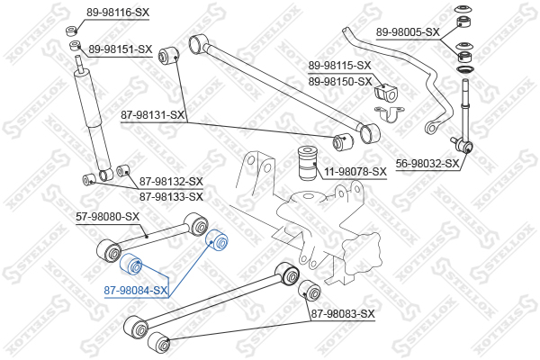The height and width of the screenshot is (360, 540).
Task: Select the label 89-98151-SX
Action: coord(120,49)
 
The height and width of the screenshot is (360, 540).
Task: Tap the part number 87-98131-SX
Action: coord(153,115)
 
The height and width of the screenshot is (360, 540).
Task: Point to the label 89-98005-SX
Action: coord(407,31)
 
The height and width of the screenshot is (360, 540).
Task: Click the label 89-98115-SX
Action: coord(339,66)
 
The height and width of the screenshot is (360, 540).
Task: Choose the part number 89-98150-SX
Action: coord(339,81)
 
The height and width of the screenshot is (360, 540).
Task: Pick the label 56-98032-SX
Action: coord(427,164)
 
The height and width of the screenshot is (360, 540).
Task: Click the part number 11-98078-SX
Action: coord(354,171)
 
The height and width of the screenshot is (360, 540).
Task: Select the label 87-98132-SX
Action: coord(171,181)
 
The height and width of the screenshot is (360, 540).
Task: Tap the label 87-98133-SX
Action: coord(171,195)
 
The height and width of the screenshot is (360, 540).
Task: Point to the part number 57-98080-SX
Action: coord(107,216)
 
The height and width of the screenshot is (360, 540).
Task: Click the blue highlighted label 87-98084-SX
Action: coord(135,291)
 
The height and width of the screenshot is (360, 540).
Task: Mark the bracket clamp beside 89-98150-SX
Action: coord(388,117)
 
